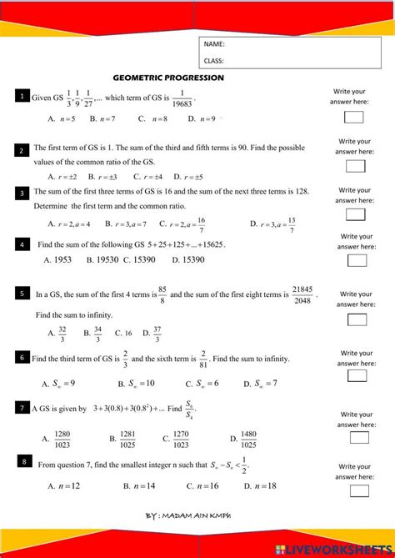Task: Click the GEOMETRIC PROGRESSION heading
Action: pos(168,78)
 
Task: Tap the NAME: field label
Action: pos(214,43)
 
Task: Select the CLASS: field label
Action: pos(214,60)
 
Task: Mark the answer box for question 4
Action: pos(357,260)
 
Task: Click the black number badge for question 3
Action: pos(22,194)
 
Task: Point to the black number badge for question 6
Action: pos(22,357)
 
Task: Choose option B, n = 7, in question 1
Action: pos(102,119)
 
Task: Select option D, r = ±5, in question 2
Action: pos(188,177)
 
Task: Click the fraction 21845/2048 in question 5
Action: pos(302,294)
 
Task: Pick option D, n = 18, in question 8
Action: pos(260,485)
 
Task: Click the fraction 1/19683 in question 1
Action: pos(182,98)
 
